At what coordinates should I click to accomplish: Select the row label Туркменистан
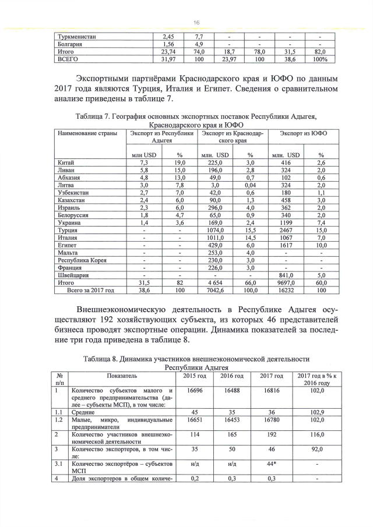pos(77,37)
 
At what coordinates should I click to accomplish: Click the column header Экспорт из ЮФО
pos(302,134)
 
